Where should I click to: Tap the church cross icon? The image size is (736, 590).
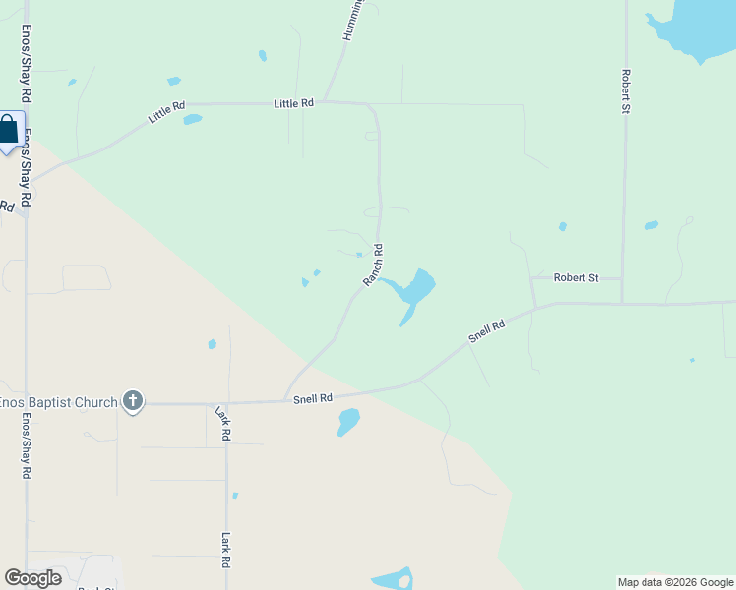(x=133, y=401)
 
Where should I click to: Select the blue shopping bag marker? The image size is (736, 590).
(x=9, y=130)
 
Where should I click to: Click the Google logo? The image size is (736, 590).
(x=32, y=578)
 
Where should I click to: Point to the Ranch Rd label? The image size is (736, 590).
(x=373, y=265)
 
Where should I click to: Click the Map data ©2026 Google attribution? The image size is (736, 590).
(x=675, y=582)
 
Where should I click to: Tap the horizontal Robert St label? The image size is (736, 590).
(x=576, y=278)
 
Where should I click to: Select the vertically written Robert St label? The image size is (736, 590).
(x=625, y=90)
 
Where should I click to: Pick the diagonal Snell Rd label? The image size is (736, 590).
(x=486, y=329)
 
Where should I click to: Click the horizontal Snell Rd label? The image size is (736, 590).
(x=313, y=398)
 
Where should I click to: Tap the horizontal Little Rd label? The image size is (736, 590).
(x=293, y=103)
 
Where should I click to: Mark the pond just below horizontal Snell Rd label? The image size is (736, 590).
(x=348, y=422)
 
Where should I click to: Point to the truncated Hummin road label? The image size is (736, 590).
(x=353, y=20)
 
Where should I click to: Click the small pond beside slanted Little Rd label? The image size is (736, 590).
(x=192, y=120)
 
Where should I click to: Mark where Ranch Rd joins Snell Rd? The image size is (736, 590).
(x=285, y=401)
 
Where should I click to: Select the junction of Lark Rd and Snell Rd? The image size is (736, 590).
(x=226, y=403)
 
